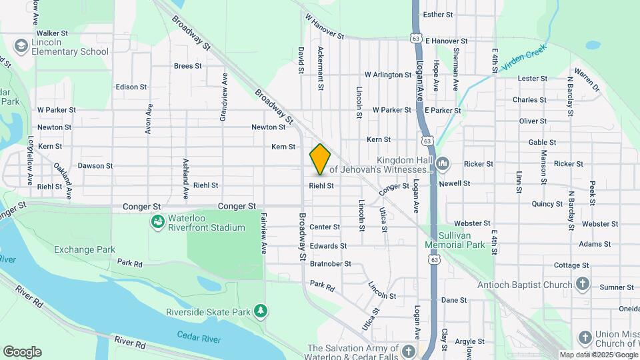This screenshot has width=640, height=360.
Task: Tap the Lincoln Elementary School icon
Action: (21, 45)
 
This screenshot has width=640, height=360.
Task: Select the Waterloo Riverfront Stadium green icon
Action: (157, 221)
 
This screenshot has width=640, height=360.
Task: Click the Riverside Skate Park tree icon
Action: (261, 311)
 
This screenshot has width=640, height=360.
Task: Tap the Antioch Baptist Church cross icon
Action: (583, 285)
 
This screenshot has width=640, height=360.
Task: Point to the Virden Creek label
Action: (525, 56)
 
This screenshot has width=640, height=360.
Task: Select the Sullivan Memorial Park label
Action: (455, 241)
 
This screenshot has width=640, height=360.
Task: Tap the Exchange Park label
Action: (85, 250)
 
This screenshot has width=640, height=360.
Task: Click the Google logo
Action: (22, 352)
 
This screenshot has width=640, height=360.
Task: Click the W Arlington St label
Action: (388, 75)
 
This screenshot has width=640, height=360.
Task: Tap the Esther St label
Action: (457, 14)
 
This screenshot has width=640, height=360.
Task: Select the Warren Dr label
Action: (587, 78)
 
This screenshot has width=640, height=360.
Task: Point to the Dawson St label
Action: (95, 166)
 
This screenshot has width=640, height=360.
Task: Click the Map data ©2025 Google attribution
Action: (598, 355)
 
